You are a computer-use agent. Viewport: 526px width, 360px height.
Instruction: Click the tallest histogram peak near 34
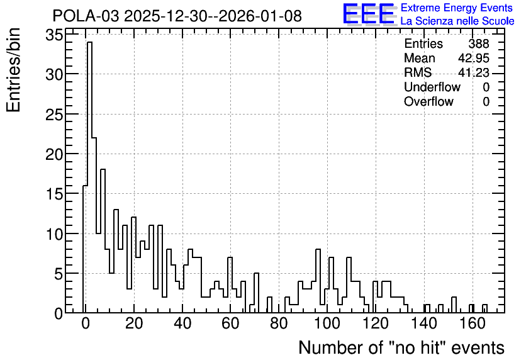pos(89,42)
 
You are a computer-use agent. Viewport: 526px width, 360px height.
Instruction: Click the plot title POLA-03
pos(86,16)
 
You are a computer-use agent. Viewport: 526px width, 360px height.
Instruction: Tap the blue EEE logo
pos(369,14)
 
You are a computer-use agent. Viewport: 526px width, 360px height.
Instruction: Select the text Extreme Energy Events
pos(457,8)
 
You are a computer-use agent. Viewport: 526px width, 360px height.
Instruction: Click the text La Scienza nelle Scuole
pos(457,21)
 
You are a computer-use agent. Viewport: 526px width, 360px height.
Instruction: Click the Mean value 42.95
pos(474,58)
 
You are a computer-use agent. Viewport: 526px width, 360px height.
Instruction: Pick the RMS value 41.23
pos(474,72)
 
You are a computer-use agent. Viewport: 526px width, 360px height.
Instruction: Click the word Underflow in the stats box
pos(432,87)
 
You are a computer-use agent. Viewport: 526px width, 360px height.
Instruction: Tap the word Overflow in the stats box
pos(428,101)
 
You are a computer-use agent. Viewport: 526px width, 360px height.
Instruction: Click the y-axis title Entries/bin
pos(13,70)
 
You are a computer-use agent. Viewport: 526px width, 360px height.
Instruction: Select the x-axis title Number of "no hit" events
pos(401,347)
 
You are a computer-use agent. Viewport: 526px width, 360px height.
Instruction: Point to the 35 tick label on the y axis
pos(54,35)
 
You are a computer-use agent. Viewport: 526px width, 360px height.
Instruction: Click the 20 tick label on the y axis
pos(54,154)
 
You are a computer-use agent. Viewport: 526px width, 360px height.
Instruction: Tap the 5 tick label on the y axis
pos(59,274)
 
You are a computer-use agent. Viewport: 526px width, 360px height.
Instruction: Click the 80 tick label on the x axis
pos(279,324)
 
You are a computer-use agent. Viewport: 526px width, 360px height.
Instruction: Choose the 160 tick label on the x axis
pos(473,324)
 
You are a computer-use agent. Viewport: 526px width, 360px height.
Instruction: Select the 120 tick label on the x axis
pos(376,324)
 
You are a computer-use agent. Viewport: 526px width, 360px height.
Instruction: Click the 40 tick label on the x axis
pos(182,324)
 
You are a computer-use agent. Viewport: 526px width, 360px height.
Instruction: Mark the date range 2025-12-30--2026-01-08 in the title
pos(213,16)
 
